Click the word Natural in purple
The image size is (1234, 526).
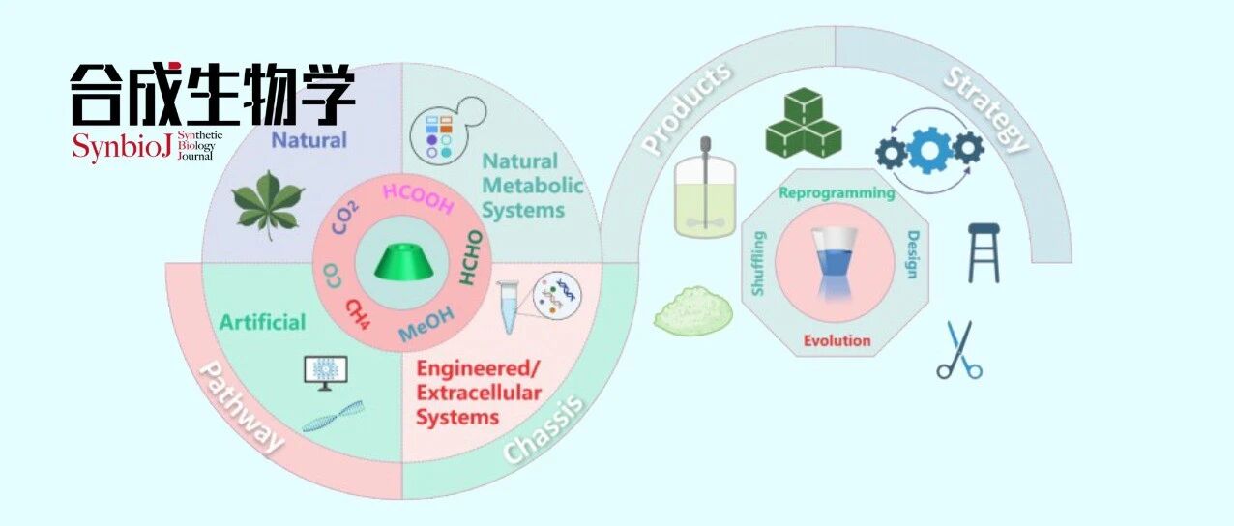pos(308,139)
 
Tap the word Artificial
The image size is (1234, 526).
pos(262,321)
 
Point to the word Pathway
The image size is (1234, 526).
pos(241,407)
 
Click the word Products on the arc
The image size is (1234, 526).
pos(688,109)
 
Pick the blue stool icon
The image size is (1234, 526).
pos(984,251)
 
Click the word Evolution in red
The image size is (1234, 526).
pos(837,340)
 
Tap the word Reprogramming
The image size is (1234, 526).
pos(837,192)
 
